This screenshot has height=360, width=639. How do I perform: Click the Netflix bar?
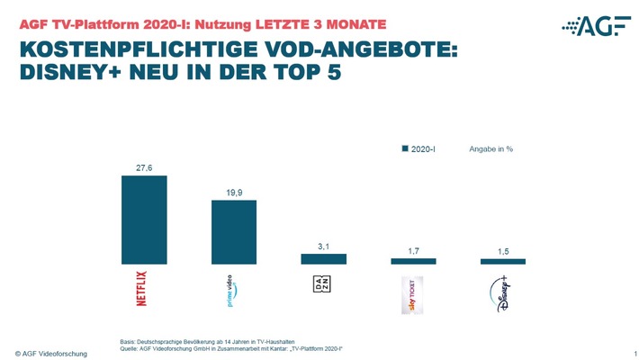click(x=144, y=220)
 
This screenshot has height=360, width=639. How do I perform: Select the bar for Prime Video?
click(x=233, y=232)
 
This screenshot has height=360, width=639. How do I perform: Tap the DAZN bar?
click(x=323, y=259)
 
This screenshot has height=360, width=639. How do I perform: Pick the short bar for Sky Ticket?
click(x=413, y=261)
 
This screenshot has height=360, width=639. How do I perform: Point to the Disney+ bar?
click(x=502, y=261)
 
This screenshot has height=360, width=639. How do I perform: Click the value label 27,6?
click(x=144, y=167)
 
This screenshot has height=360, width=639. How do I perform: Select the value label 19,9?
click(x=233, y=193)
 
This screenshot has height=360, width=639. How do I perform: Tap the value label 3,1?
click(x=323, y=246)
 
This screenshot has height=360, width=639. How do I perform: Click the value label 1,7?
click(x=413, y=250)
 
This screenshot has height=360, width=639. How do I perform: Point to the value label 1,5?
click(x=502, y=251)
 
